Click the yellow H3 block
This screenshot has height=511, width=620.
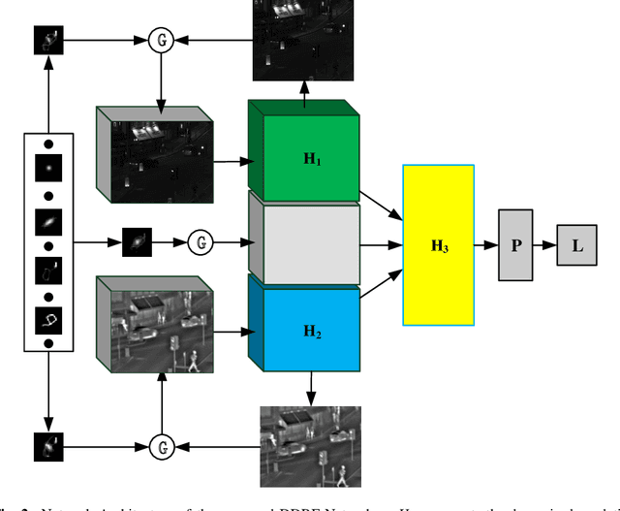tap(439, 245)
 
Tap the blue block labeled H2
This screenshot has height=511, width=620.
tap(312, 329)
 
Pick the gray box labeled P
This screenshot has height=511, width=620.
tap(516, 244)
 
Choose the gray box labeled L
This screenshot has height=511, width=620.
tap(577, 244)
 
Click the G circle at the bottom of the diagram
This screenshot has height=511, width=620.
tap(164, 445)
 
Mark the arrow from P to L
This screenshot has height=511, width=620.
tap(545, 244)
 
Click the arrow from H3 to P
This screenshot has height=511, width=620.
tap(486, 244)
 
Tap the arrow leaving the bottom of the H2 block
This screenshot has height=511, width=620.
tap(311, 388)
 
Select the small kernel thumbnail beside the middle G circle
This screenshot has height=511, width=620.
tap(138, 240)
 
